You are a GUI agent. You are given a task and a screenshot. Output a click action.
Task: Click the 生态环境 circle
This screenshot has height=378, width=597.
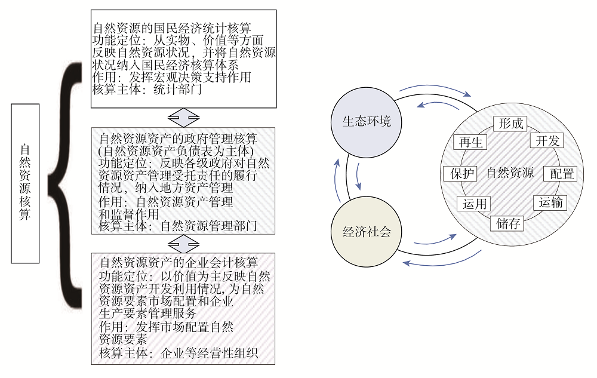tap(366, 122)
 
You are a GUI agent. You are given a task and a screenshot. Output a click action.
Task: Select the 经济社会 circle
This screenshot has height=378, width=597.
tap(367, 232)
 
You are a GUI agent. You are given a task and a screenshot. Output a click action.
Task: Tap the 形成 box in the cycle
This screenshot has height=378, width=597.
tap(510, 124)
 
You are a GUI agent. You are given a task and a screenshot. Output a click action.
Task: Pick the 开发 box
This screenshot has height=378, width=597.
tap(547, 140)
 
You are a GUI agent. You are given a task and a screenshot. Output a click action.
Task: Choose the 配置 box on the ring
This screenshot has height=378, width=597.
tap(561, 174)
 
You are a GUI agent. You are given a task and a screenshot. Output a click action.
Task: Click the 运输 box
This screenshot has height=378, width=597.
tap(550, 202)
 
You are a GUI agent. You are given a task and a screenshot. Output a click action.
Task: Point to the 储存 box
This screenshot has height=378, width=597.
tap(507, 223)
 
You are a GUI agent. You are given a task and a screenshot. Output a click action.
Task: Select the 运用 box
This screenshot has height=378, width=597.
tap(473, 204)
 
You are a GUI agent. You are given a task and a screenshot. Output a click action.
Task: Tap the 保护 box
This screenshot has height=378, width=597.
tap(460, 174)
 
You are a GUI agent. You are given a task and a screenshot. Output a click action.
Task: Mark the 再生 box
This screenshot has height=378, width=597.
tap(470, 142)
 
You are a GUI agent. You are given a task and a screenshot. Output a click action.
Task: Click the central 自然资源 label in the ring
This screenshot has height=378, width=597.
tap(510, 173)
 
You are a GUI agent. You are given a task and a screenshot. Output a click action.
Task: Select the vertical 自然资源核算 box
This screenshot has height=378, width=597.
tap(25, 183)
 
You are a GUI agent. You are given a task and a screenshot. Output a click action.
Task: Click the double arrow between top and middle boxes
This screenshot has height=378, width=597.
tap(183, 118)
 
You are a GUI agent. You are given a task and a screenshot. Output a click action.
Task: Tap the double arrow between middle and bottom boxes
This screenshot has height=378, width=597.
tap(183, 244)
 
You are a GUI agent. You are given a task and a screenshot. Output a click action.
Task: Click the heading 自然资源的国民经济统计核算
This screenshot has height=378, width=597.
tap(172, 28)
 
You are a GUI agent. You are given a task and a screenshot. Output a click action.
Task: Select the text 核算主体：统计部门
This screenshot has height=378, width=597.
tap(147, 90)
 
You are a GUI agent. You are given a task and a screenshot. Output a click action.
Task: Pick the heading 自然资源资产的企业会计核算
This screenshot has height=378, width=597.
tap(179, 262)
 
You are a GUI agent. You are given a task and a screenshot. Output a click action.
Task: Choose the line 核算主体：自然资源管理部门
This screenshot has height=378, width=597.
tap(178, 226)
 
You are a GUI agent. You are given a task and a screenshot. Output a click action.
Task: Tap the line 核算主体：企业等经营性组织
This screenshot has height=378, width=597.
tap(179, 353)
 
